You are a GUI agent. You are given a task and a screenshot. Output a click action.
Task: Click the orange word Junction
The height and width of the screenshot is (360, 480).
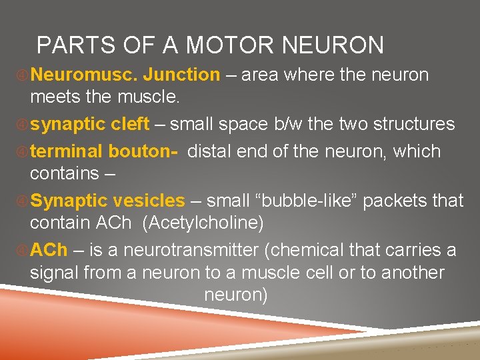point(181,75)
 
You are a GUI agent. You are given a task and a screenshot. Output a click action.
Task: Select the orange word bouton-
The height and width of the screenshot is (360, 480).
point(144,151)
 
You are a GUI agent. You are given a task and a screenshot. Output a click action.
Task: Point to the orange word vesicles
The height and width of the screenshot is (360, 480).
point(149,201)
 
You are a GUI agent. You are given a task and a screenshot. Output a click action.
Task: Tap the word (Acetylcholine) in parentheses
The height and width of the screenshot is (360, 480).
point(203,223)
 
